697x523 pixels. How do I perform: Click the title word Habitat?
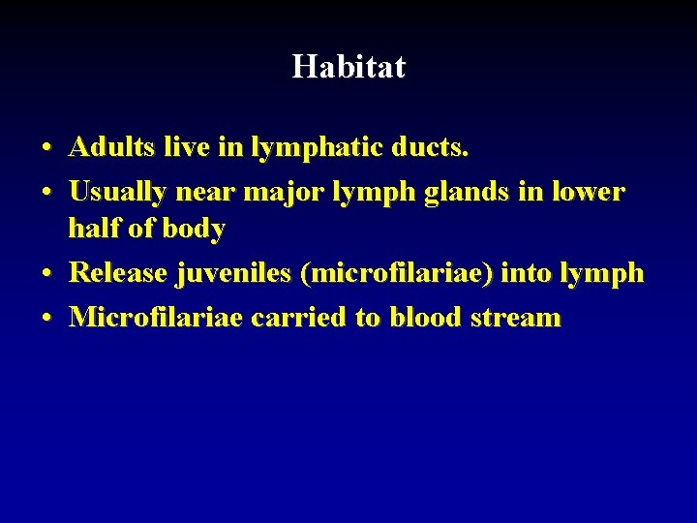point(348,67)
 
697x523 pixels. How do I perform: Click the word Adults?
point(108,147)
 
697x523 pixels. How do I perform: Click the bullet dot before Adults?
point(46,149)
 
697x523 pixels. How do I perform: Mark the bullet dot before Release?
point(46,275)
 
